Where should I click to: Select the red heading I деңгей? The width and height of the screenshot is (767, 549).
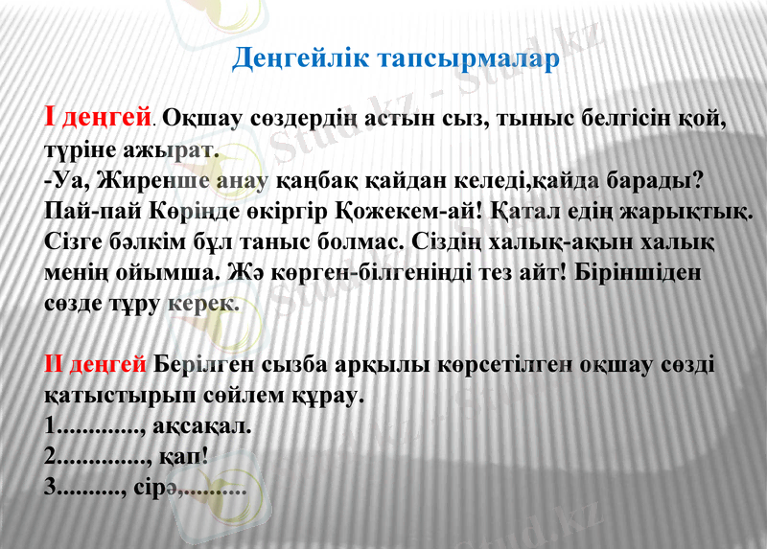tap(97, 119)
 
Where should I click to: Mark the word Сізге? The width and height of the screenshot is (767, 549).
tap(74, 240)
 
